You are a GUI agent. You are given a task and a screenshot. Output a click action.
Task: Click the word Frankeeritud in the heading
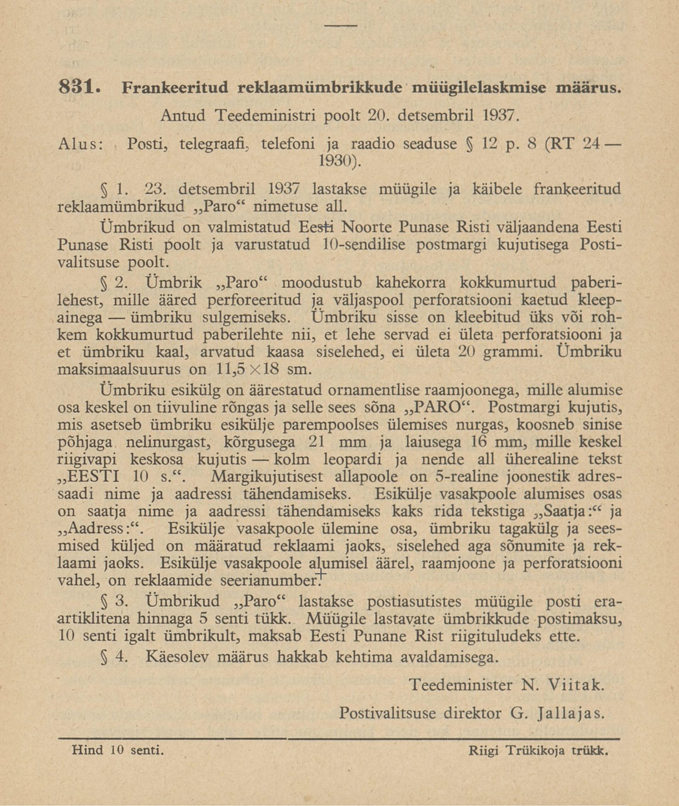(x=175, y=88)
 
